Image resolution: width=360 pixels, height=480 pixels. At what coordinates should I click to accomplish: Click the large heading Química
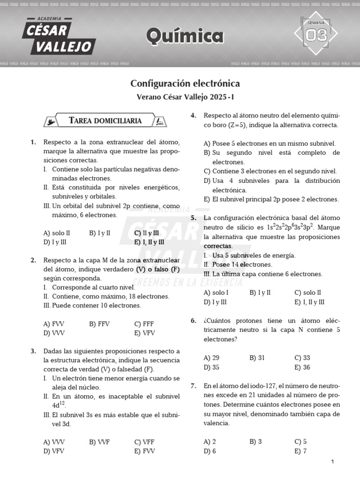click(185, 36)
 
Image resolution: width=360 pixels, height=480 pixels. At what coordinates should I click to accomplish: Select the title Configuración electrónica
click(185, 83)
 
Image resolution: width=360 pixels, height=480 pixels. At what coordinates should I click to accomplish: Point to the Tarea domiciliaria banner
click(105, 121)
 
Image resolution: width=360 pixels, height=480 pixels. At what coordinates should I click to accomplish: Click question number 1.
click(33, 142)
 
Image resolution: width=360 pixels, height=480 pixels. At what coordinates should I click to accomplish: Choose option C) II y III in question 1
click(146, 233)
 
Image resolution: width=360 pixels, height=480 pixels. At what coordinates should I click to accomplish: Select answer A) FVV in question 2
click(53, 324)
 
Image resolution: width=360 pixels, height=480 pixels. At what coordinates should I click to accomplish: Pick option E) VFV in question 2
click(144, 333)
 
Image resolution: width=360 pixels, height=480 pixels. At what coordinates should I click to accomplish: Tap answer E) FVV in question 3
click(144, 451)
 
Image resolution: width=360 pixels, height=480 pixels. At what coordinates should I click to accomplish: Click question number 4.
click(193, 116)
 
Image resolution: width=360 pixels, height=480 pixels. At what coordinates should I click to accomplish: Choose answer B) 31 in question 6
click(257, 358)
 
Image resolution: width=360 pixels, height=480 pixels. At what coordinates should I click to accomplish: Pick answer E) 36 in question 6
click(302, 367)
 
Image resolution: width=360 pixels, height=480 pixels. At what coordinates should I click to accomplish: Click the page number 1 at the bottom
click(332, 462)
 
